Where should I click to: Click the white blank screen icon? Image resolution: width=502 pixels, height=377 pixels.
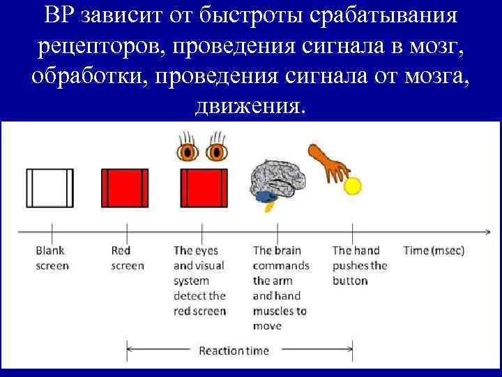point(50,187)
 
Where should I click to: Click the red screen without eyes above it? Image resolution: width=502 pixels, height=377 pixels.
point(125,187)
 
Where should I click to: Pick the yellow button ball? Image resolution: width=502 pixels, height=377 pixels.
point(353,186)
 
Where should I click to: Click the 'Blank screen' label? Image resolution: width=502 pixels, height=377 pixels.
point(52,258)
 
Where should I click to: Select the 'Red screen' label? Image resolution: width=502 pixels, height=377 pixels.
point(128,258)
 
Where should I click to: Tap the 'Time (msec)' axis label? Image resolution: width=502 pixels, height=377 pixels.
point(434,250)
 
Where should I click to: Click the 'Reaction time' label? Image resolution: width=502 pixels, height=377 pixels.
point(234,350)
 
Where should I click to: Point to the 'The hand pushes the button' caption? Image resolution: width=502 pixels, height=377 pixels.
point(359,265)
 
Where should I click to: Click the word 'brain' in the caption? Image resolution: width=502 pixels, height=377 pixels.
point(287,250)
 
